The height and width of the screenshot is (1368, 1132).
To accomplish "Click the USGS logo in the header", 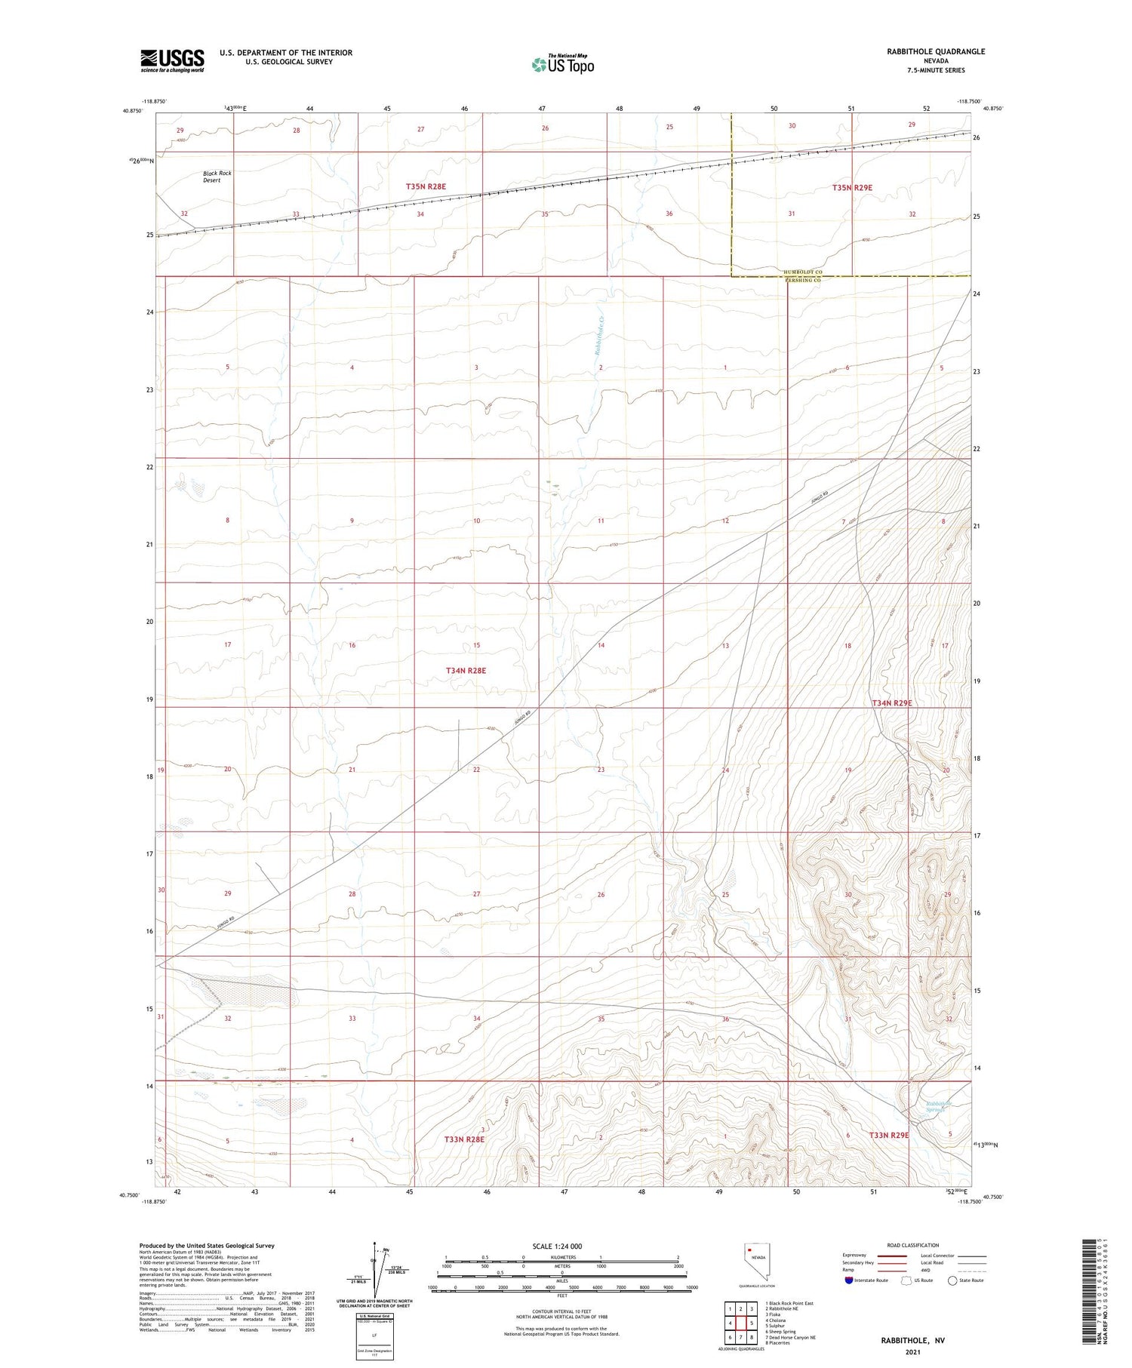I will tap(172, 60).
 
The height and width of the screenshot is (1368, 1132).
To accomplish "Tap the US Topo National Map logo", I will tap(563, 65).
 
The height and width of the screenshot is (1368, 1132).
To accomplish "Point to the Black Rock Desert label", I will tap(217, 177).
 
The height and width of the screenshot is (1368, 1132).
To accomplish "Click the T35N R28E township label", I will tap(426, 186).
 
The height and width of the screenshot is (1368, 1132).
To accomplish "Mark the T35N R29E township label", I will tap(852, 187).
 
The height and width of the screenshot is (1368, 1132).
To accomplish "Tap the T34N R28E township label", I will tap(466, 670).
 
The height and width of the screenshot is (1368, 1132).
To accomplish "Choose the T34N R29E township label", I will tap(892, 703).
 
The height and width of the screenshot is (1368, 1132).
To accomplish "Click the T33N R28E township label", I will tap(464, 1139).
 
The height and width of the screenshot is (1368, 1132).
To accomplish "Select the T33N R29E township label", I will tap(888, 1135).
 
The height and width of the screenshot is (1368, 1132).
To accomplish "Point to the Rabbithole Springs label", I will tap(939, 1107).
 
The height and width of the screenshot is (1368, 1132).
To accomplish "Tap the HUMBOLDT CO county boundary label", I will tap(802, 272).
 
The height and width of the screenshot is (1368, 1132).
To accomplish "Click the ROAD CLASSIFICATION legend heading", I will tap(912, 1245).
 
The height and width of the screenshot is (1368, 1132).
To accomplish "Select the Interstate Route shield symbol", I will tap(849, 1280).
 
